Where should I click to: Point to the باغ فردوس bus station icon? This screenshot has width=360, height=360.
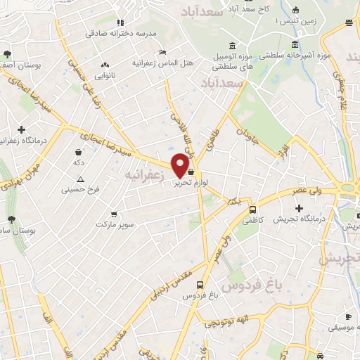pyautogui.click(x=201, y=285)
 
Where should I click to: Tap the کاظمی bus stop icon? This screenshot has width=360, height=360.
pyautogui.click(x=252, y=209)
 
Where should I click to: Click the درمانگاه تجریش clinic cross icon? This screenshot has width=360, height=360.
pyautogui.click(x=300, y=209)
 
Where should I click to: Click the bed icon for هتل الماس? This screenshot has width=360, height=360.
pyautogui.click(x=163, y=52)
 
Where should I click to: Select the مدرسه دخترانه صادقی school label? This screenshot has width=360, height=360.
pyautogui.click(x=117, y=33)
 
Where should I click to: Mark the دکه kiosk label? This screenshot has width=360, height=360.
pyautogui.click(x=79, y=162)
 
